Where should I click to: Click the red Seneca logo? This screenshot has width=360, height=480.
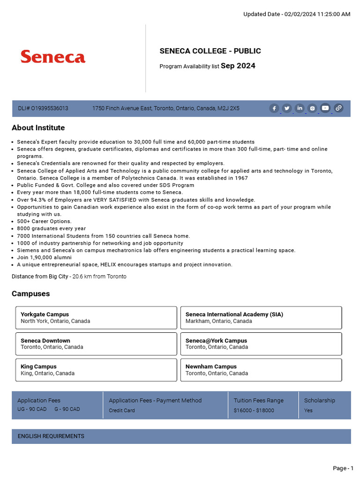(53, 57)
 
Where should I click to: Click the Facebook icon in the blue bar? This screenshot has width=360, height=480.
(274, 108)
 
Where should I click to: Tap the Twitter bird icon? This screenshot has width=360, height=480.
(287, 108)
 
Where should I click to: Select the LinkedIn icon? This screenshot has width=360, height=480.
(300, 108)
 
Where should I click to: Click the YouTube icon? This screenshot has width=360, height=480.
(325, 108)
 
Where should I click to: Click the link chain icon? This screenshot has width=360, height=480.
(338, 108)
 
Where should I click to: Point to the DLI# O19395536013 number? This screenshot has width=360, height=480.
(43, 108)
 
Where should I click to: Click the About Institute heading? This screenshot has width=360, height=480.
(38, 128)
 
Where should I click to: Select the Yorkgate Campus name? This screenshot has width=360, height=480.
(45, 315)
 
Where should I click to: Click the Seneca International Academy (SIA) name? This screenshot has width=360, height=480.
(234, 315)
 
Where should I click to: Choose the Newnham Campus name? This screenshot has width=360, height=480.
(211, 367)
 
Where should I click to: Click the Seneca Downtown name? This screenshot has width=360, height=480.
(45, 341)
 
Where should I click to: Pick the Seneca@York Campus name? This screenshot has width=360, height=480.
(216, 341)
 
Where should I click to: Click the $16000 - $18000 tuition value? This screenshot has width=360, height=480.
(254, 411)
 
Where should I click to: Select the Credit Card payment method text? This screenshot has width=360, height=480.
(122, 411)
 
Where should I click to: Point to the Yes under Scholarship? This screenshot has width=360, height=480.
(308, 411)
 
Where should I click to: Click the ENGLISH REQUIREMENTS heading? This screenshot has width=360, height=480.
(51, 436)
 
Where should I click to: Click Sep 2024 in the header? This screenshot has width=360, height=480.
(238, 66)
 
